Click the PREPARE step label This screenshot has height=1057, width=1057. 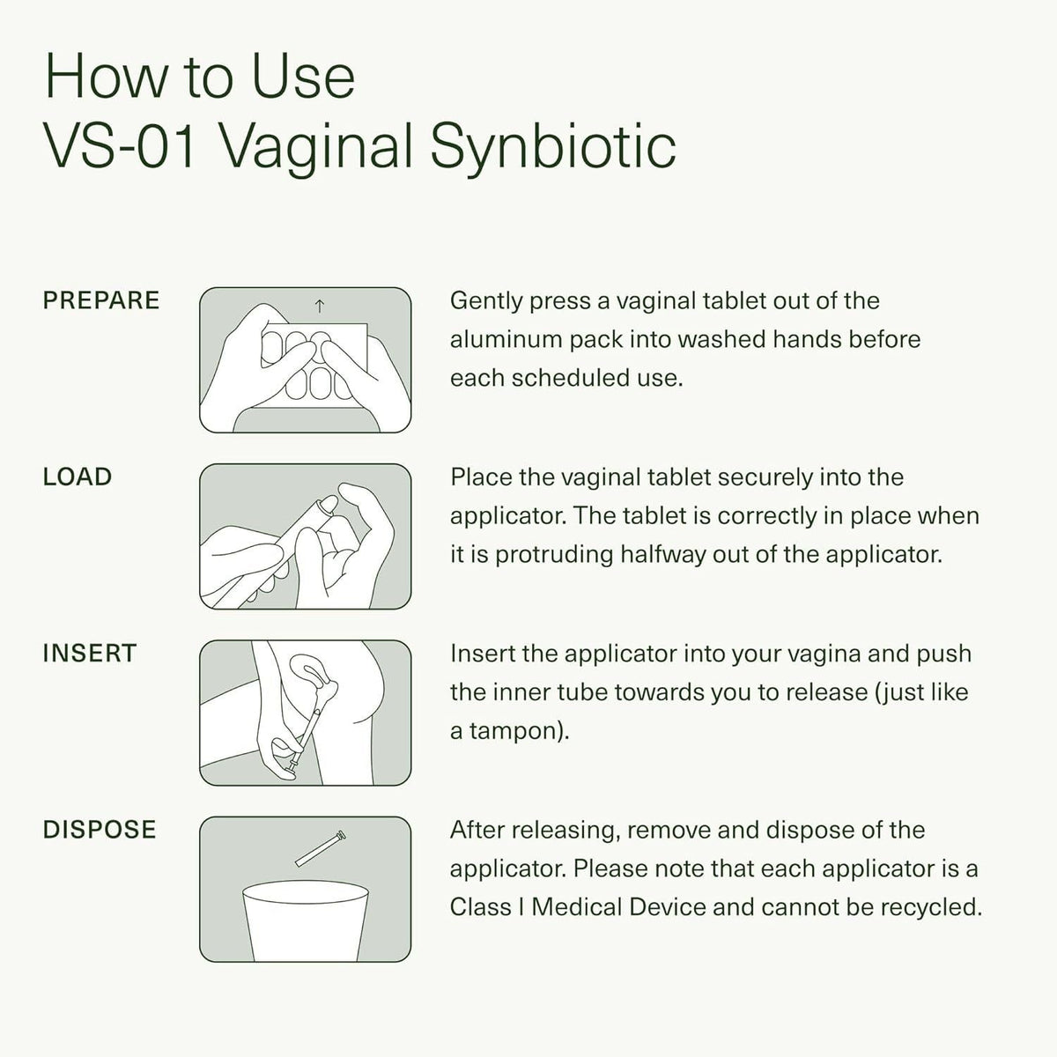coord(101,300)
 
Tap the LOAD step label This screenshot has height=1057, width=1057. coord(78,477)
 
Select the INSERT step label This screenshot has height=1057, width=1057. coord(90,654)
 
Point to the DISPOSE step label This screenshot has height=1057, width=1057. coord(100,830)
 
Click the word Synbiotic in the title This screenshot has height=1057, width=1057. coord(553,148)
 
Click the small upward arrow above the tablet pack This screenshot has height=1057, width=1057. coord(320,306)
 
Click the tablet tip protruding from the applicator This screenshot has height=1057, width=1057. coord(331,504)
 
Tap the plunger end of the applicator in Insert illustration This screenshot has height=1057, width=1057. coord(292,768)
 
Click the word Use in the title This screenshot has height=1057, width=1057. coord(304,76)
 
